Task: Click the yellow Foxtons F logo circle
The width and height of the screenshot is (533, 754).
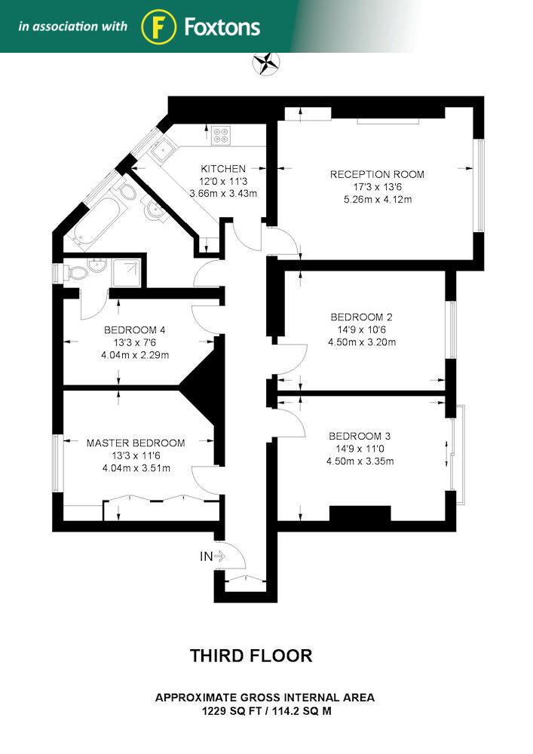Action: point(158,27)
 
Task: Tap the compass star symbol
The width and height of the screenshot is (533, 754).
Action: point(266,63)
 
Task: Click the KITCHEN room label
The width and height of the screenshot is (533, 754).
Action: point(223,169)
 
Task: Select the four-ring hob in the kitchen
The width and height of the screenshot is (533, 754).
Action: point(221,135)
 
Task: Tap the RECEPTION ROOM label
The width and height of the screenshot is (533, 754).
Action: point(377,174)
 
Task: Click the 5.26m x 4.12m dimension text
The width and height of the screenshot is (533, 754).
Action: point(378,199)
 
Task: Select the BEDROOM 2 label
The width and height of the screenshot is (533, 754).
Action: point(361,317)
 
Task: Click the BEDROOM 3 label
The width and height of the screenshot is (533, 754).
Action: point(360,436)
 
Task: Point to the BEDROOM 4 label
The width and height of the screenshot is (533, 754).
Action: point(135,330)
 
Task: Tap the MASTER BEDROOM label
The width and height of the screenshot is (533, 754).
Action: point(136,443)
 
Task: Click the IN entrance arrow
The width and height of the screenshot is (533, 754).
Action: point(219,556)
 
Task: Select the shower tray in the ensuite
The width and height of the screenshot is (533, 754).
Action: point(127,273)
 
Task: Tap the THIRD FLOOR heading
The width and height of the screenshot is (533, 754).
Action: point(251,655)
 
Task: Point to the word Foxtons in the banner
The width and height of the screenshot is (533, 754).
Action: point(222,27)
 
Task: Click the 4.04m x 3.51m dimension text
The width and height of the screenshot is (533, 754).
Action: point(136,468)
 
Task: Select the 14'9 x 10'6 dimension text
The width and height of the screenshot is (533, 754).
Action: point(361,329)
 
